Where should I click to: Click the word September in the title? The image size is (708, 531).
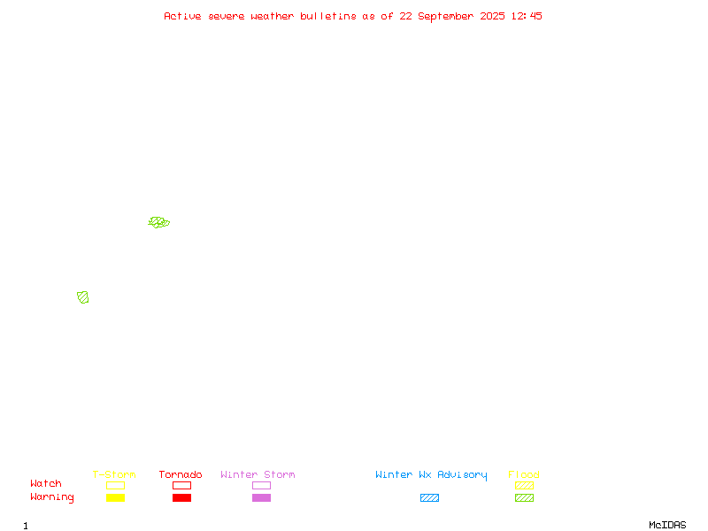click(x=446, y=17)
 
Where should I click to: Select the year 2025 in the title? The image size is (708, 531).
click(x=492, y=16)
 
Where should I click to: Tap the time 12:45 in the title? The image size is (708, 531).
click(x=527, y=16)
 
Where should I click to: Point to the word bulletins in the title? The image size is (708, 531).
click(x=328, y=16)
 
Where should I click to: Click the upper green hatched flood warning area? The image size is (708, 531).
click(x=159, y=222)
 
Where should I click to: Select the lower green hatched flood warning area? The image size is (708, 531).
click(x=82, y=297)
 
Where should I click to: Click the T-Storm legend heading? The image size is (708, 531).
click(x=114, y=474)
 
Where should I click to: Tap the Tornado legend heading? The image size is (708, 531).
click(x=181, y=474)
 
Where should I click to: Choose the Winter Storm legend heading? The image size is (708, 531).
click(x=258, y=474)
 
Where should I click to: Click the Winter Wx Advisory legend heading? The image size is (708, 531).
click(x=431, y=475)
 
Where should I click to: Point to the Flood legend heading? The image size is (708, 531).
click(x=524, y=474)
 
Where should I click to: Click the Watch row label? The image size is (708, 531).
click(x=46, y=483)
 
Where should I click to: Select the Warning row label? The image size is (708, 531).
click(x=52, y=497)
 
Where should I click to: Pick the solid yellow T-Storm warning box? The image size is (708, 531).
click(x=116, y=497)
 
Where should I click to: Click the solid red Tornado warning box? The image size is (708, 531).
click(x=182, y=497)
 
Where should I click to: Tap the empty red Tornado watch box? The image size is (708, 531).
click(x=182, y=481)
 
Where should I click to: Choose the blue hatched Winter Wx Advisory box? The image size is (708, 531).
click(x=429, y=497)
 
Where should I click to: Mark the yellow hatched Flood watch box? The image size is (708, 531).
click(x=524, y=485)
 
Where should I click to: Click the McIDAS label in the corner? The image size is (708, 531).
click(x=667, y=525)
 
